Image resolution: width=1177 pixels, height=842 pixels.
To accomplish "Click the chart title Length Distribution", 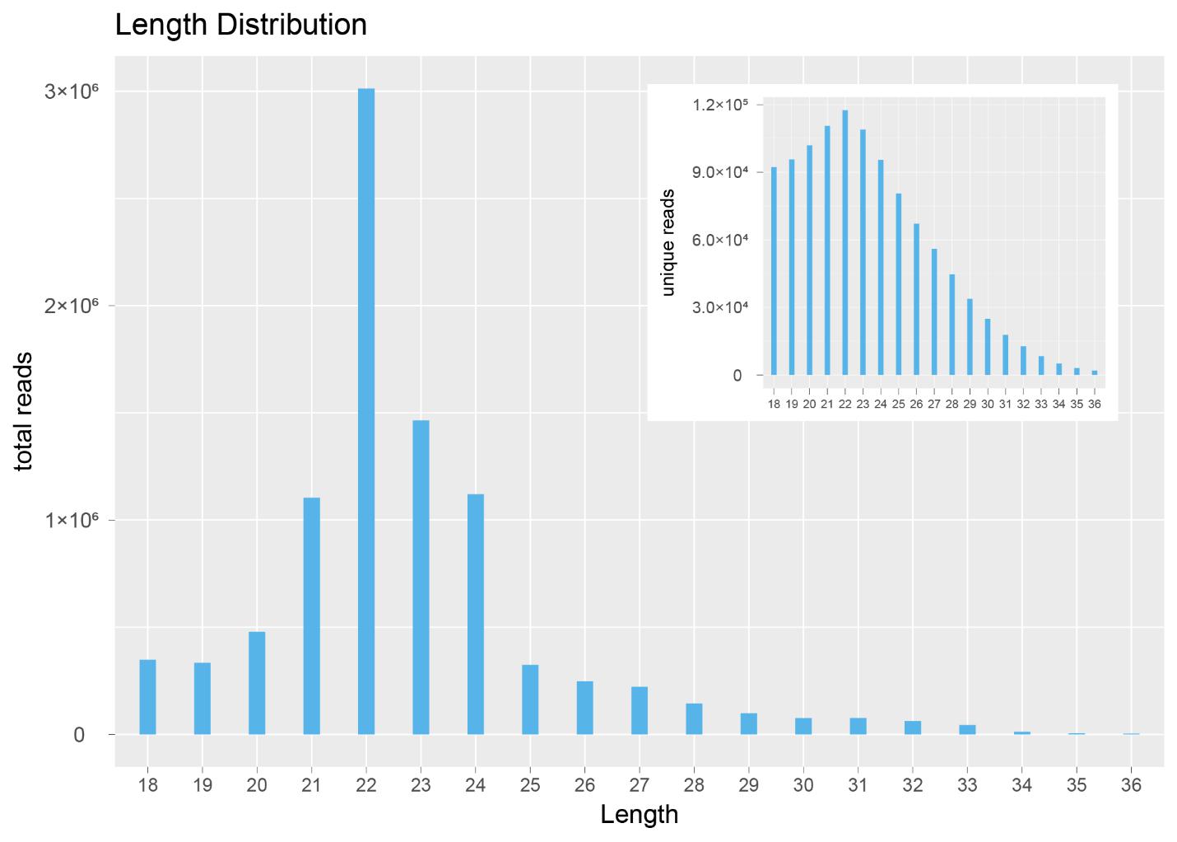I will coord(241,25).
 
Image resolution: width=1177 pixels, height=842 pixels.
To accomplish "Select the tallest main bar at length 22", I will coord(366,412).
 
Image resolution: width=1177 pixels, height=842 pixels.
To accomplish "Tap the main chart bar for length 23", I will coord(421,577).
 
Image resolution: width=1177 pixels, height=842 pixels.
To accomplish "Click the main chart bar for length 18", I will coord(147,697).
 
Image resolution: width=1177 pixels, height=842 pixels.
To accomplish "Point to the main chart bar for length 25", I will coord(530,699).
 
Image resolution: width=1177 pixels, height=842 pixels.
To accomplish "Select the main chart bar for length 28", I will coord(694,718).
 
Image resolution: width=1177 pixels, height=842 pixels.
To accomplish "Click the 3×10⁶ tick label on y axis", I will coord(71,91).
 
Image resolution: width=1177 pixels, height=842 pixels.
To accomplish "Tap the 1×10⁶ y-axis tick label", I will coord(71,520).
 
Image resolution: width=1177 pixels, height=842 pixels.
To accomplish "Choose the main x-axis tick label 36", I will coord(1131,785).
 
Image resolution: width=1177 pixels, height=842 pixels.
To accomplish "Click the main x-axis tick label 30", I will coord(803,785).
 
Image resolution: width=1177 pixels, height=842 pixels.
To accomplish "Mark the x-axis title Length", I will coord(639,815).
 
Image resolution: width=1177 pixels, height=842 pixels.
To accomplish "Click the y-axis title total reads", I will coord(25,411).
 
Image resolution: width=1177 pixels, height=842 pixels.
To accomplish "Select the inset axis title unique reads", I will coord(668,242).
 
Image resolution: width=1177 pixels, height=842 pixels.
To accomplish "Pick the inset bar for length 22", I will coord(845,243).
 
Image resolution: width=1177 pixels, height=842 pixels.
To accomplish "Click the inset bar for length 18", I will coord(774,271).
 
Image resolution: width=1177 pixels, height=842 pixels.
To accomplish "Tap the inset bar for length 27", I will coord(934,312).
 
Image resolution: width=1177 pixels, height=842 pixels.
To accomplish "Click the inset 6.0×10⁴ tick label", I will coord(719,240).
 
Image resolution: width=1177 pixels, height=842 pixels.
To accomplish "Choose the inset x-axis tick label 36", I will coord(1094,405).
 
